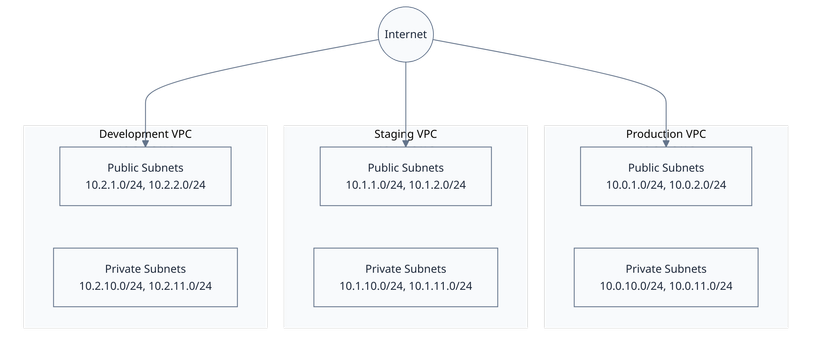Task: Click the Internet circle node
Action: click(x=405, y=35)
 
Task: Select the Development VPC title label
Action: click(x=145, y=134)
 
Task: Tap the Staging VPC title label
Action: click(x=405, y=134)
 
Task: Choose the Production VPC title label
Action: click(x=665, y=134)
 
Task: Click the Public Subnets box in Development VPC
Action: click(x=145, y=176)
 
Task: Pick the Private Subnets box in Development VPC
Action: click(x=145, y=278)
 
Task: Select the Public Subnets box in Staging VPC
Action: click(x=405, y=176)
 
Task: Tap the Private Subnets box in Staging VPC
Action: click(x=405, y=278)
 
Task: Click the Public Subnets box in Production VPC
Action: click(x=665, y=176)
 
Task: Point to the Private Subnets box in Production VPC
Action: click(x=665, y=278)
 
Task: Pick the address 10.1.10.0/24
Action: click(x=370, y=287)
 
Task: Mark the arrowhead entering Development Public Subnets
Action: click(x=146, y=143)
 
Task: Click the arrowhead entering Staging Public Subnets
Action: click(x=406, y=143)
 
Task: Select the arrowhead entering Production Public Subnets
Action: click(x=666, y=143)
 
